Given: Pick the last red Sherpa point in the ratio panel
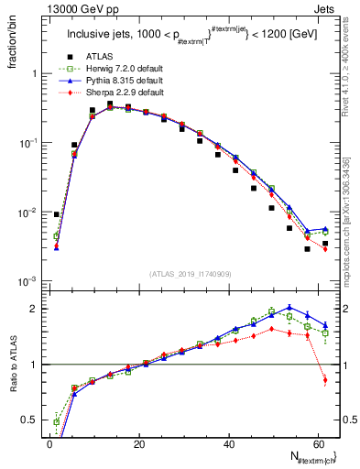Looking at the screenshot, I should tap(325, 380).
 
